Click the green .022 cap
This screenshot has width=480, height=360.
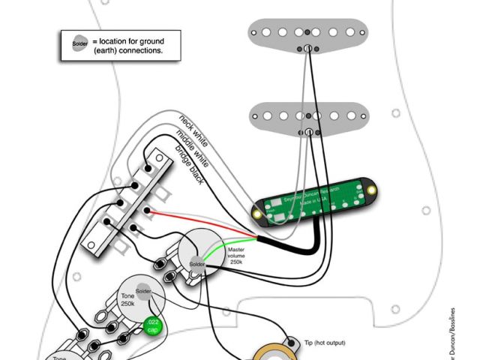(153, 327)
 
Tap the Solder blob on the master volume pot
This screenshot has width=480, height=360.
(197, 264)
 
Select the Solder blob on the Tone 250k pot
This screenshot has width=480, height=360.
(143, 291)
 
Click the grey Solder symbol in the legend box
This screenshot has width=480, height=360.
(79, 43)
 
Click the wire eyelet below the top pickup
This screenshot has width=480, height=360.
(307, 49)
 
